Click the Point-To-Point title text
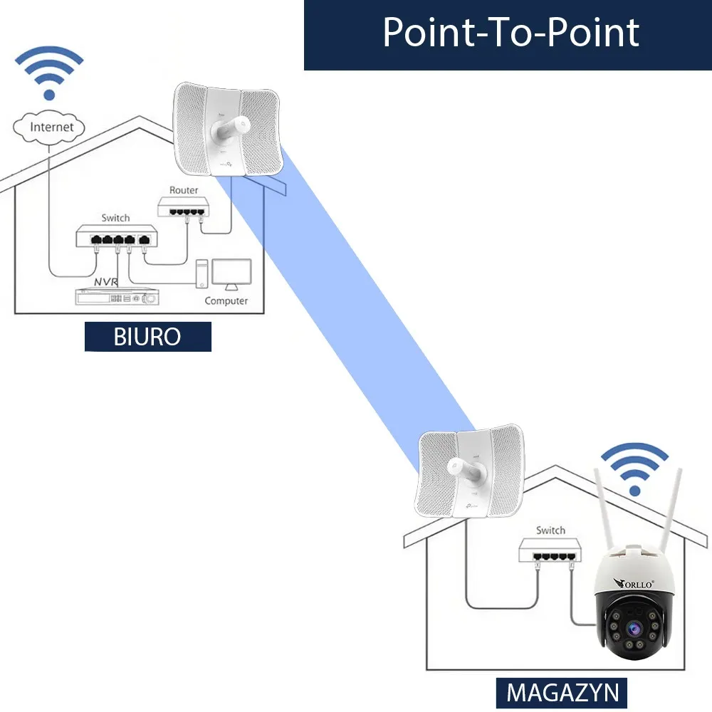click(511, 32)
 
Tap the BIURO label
click(148, 337)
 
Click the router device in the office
click(184, 207)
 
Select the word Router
click(184, 190)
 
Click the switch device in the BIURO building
click(117, 237)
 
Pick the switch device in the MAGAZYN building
click(550, 549)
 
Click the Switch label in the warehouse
click(550, 530)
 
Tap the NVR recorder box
click(117, 298)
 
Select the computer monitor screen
click(231, 271)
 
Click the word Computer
click(226, 300)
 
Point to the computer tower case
click(202, 275)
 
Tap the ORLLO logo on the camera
click(633, 583)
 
